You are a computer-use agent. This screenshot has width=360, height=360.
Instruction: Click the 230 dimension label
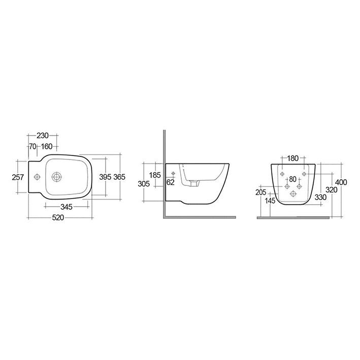[42, 136]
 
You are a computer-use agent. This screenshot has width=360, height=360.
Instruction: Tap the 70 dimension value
[33, 147]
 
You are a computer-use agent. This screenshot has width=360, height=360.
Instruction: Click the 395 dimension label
[105, 177]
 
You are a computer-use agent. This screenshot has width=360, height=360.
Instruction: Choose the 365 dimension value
[119, 177]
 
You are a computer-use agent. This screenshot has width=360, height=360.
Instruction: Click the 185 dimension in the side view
[155, 175]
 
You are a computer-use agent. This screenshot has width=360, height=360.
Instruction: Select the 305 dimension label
[144, 184]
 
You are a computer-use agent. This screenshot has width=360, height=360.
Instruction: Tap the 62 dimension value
[170, 182]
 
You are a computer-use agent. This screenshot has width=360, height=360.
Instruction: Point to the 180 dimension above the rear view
[292, 158]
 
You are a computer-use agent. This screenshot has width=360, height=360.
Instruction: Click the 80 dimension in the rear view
[292, 179]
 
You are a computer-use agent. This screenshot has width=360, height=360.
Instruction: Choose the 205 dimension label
[261, 192]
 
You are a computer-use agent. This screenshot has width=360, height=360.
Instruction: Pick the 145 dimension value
[270, 201]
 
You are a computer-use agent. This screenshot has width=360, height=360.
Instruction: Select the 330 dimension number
[320, 197]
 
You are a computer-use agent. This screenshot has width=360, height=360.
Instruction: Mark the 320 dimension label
[332, 190]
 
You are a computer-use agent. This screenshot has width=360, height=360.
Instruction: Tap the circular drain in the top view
[57, 177]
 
